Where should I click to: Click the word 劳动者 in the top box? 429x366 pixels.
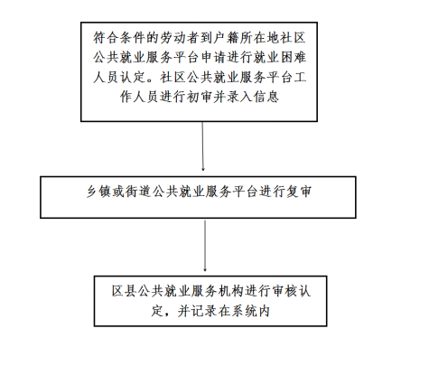(x=180, y=38)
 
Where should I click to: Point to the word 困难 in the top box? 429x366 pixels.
(x=294, y=57)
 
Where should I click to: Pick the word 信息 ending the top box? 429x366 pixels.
(x=266, y=97)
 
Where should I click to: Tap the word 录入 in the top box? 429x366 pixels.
(x=239, y=97)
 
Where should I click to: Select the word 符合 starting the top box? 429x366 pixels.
(x=106, y=38)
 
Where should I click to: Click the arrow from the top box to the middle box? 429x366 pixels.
(x=202, y=146)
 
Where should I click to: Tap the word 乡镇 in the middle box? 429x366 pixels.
(x=99, y=192)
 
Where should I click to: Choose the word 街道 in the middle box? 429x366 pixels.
(x=139, y=192)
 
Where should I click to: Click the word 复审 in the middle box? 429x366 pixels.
(x=299, y=192)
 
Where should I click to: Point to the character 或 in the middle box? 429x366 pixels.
(x=119, y=192)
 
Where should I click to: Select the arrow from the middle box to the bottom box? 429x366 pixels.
(x=205, y=246)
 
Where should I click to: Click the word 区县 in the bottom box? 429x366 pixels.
(x=125, y=291)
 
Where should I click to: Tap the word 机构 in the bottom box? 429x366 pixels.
(x=230, y=291)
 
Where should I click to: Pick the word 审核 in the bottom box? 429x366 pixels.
(x=284, y=291)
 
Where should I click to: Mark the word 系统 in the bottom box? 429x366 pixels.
(x=244, y=311)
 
